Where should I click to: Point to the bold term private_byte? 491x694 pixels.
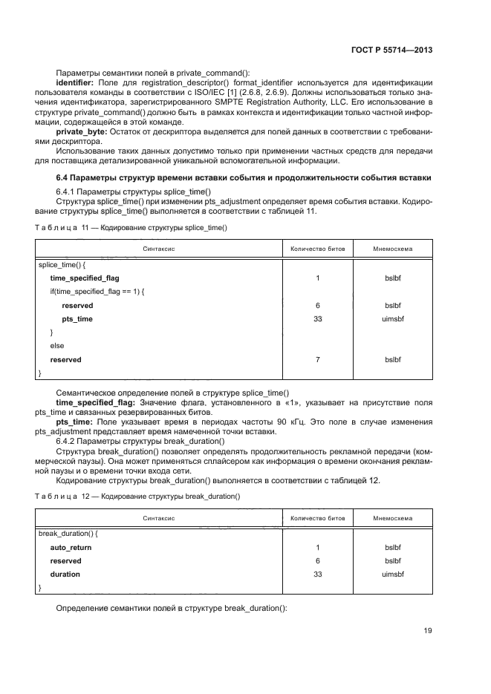tap(82, 131)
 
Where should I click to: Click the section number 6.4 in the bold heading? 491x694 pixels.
tap(65, 179)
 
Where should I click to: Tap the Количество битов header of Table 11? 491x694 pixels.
tap(317, 250)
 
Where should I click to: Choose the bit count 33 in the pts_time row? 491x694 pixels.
tap(317, 318)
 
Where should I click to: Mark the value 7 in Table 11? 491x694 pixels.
tap(317, 359)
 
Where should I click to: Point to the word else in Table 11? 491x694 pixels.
tap(57, 346)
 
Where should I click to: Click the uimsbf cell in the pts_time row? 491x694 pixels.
tap(391, 318)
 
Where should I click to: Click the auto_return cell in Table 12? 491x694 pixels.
tap(71, 547)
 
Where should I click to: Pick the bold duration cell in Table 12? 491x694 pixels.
tap(65, 574)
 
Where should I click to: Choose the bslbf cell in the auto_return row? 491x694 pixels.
tap(391, 547)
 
